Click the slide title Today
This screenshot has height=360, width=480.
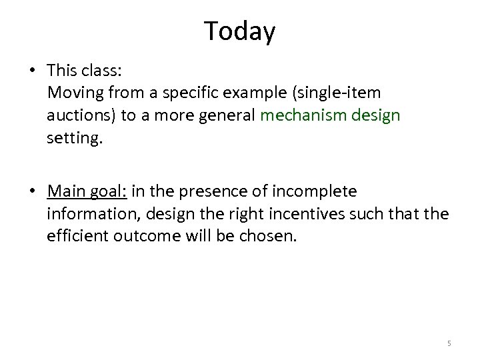tap(239, 31)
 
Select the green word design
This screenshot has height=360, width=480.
tap(377, 115)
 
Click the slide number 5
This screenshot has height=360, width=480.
tap(449, 343)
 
